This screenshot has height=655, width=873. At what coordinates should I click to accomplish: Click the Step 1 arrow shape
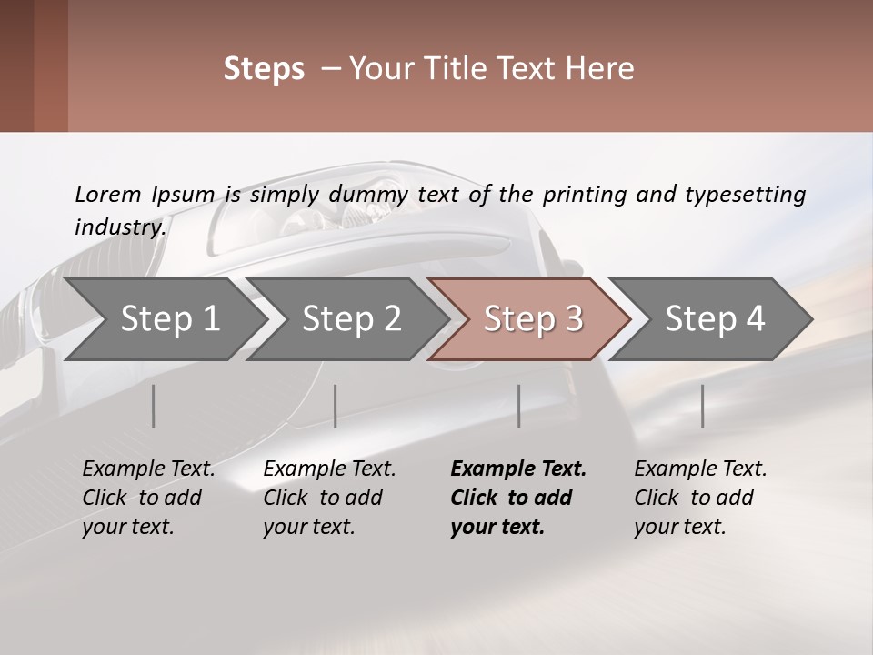(164, 319)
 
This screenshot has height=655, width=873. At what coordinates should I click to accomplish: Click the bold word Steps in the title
(264, 68)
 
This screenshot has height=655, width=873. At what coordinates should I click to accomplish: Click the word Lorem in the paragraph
(108, 194)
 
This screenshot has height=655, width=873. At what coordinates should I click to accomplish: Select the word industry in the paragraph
(119, 227)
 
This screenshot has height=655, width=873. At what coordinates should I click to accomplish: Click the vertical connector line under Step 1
(154, 406)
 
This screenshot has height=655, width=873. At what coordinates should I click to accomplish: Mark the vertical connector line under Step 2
(336, 406)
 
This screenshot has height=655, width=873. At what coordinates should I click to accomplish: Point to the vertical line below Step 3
(519, 406)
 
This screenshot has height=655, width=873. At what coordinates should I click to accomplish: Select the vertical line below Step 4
(702, 406)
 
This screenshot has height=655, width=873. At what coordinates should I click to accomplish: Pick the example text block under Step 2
(328, 498)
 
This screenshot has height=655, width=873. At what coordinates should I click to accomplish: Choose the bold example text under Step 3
(517, 498)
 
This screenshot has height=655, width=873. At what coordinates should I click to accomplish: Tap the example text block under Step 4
(699, 498)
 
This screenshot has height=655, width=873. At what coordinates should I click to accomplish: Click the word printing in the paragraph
(582, 194)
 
